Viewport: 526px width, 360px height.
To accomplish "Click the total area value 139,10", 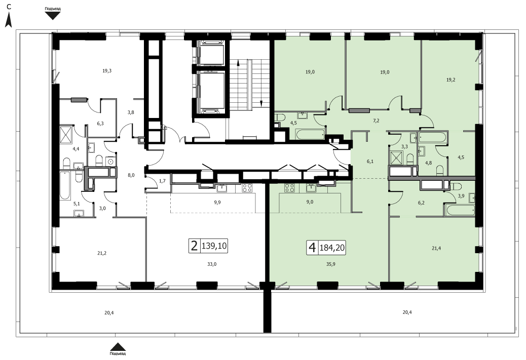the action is [214, 246].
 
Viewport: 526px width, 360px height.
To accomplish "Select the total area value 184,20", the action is [332, 248].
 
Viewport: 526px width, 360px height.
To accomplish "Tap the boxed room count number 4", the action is [312, 248].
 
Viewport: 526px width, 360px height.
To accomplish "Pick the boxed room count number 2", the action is [194, 246].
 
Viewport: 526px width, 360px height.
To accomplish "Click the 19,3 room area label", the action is [107, 71].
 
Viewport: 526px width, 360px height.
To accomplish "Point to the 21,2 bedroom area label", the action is [102, 253].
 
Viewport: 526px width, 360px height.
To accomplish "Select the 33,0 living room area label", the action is [212, 264].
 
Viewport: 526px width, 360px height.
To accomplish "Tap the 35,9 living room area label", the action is [330, 264].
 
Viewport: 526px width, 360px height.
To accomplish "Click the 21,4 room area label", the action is [436, 249].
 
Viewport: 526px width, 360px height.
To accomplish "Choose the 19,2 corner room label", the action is [450, 80].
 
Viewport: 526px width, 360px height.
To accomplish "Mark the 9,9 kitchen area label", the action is [217, 202].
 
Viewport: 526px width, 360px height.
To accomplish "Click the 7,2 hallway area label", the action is [376, 121].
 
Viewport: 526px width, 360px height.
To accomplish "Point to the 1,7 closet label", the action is [162, 181].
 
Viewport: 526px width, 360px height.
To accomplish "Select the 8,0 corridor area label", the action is [131, 175].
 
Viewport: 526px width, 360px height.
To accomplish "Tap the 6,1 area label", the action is [370, 161].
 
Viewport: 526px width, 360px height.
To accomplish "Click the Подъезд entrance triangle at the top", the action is [53, 16].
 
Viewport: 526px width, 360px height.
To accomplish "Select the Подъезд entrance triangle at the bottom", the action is [118, 347].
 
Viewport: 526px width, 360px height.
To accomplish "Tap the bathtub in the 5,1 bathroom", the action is [65, 186].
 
